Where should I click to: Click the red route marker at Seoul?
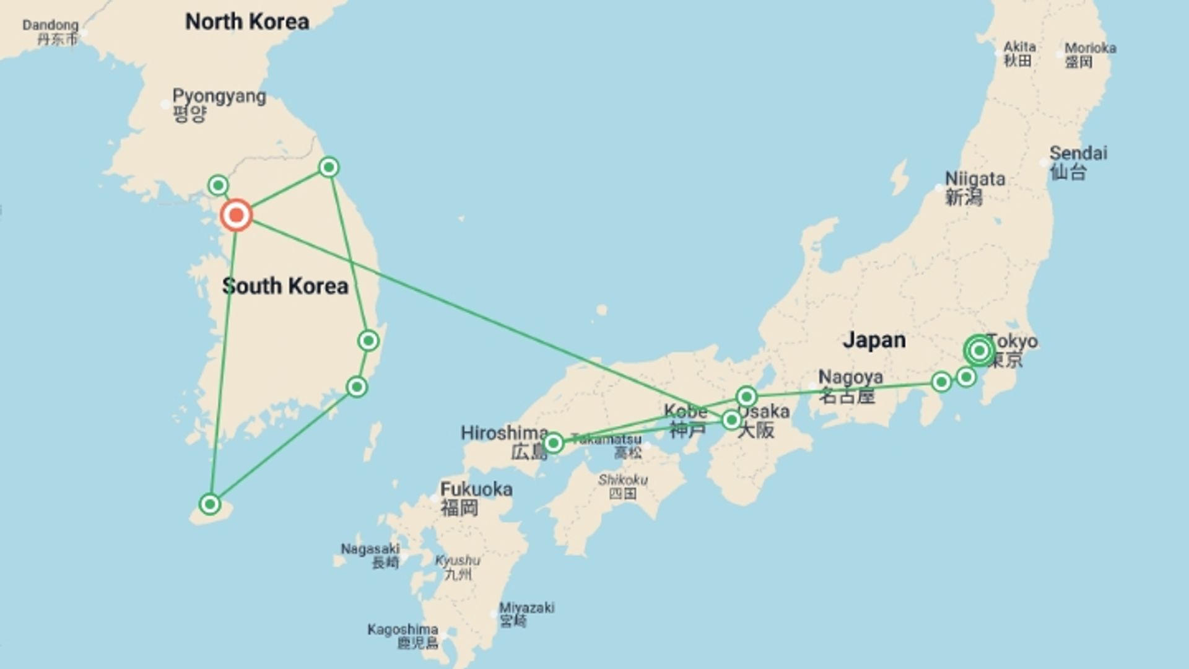236,216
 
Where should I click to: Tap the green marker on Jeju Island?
210,504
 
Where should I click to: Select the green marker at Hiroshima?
553,443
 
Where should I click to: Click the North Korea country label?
247,22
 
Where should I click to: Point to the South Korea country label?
285,286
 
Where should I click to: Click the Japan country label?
874,340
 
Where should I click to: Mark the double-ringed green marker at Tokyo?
979,351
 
